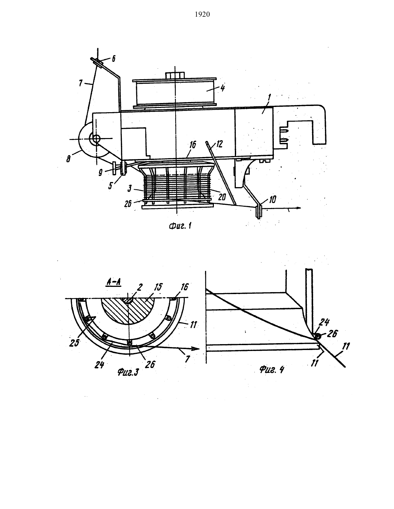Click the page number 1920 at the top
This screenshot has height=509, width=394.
202,14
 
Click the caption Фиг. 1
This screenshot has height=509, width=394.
180,226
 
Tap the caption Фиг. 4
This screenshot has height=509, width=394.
272,370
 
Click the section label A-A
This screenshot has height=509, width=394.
114,283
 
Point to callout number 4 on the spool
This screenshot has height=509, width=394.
222,88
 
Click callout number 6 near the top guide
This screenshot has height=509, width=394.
114,59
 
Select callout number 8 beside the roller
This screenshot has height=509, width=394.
68,159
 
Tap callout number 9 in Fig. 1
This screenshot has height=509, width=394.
100,173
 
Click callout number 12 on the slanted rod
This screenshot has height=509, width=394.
219,144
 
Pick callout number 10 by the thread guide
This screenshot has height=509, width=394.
272,199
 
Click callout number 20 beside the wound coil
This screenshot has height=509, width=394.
222,197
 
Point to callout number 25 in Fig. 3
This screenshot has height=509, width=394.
74,343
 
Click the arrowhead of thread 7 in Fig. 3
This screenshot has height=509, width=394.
195,349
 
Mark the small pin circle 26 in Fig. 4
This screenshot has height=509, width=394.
318,336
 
